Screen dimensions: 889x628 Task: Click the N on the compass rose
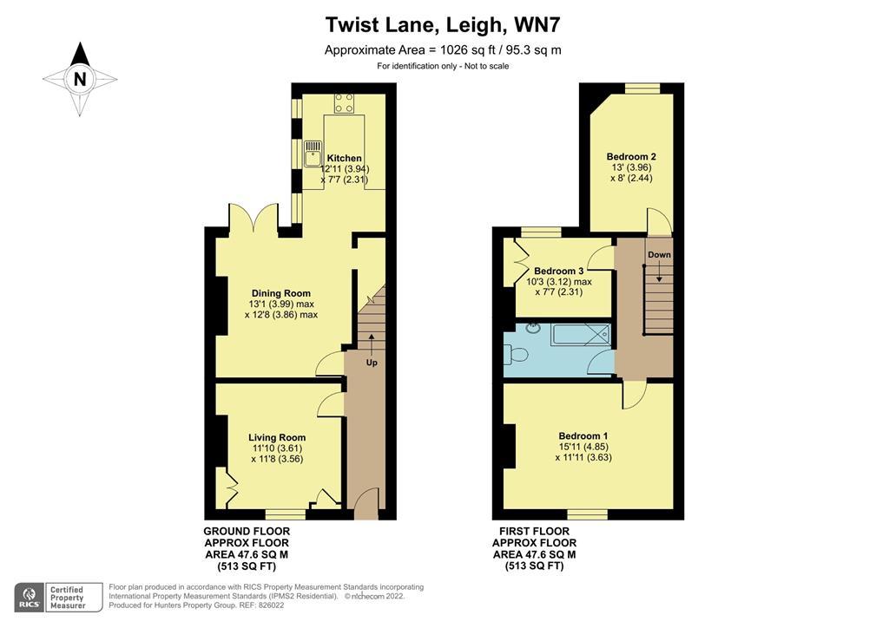pyautogui.click(x=80, y=79)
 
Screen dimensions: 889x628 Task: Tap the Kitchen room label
pyautogui.click(x=344, y=159)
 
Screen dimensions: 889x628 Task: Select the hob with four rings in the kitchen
pyautogui.click(x=344, y=103)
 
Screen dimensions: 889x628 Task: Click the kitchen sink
pyautogui.click(x=312, y=154)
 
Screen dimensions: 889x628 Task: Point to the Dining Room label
pyautogui.click(x=281, y=293)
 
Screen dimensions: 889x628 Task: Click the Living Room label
pyautogui.click(x=277, y=437)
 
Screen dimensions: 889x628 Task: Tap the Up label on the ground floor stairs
pyautogui.click(x=372, y=363)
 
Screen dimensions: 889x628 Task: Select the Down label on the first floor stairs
pyautogui.click(x=659, y=255)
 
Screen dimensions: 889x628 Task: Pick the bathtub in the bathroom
pyautogui.click(x=582, y=335)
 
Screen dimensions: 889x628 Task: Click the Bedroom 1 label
pyautogui.click(x=583, y=436)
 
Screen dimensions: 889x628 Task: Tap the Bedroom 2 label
pyautogui.click(x=631, y=157)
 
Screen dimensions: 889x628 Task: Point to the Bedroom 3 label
pyautogui.click(x=558, y=271)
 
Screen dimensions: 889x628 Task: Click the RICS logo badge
pyautogui.click(x=30, y=598)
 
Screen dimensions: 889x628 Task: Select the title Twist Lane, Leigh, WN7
pyautogui.click(x=443, y=25)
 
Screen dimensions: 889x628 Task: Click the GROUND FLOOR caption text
pyautogui.click(x=247, y=531)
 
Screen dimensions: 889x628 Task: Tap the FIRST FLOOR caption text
pyautogui.click(x=534, y=531)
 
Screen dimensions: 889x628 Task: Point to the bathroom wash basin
pyautogui.click(x=534, y=327)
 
